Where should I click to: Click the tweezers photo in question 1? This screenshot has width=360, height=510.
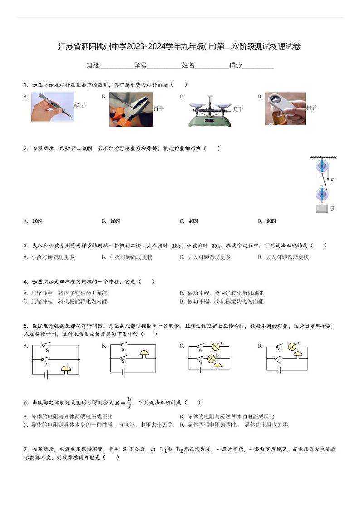(53, 107)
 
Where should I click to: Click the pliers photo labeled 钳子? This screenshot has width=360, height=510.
(131, 109)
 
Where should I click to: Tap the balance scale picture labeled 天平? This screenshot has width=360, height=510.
(209, 110)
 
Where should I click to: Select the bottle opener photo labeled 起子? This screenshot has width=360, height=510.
(285, 108)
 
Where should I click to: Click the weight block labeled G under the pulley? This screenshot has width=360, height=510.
(321, 209)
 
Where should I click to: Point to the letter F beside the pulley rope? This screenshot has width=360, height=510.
(332, 181)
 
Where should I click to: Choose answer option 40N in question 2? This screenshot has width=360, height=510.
(193, 221)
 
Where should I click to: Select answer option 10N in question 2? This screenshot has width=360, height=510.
(37, 221)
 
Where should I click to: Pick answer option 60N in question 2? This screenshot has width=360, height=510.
(271, 221)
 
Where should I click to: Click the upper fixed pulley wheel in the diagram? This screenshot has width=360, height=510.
(321, 165)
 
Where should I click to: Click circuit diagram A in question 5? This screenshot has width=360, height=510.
(56, 359)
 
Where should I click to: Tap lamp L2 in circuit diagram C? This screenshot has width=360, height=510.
(211, 359)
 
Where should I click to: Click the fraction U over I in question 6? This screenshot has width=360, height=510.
(129, 402)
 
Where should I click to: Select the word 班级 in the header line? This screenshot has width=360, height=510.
(92, 65)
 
